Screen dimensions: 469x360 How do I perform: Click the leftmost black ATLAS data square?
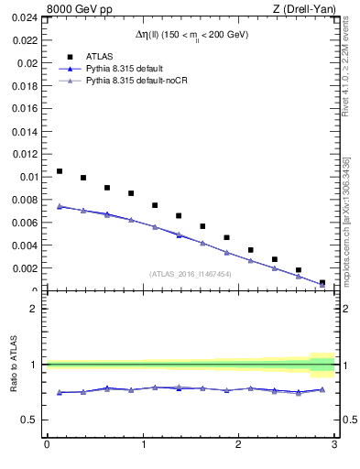tap(60, 171)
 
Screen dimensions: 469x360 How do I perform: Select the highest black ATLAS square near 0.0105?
tap(60, 171)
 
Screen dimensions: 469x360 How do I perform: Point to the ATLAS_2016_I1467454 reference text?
tap(191, 274)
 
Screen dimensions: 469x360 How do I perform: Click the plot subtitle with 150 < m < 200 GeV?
tap(191, 35)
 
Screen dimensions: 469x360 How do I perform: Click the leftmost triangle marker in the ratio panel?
tap(60, 392)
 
